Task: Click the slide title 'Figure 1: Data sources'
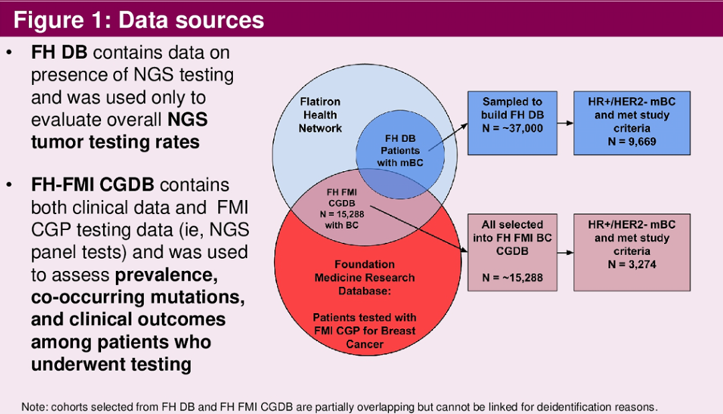point(139,20)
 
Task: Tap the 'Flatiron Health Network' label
point(320,114)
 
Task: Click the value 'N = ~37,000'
point(512,128)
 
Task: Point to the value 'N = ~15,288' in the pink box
point(512,278)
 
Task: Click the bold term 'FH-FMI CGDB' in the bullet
point(92,185)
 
